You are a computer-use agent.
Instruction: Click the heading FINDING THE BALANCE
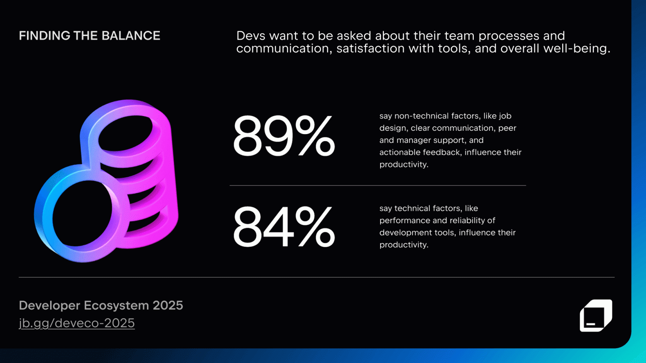point(89,36)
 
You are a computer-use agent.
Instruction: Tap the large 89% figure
point(284,136)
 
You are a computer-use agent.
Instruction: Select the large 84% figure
point(284,227)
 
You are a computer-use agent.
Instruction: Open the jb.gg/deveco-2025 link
point(77,323)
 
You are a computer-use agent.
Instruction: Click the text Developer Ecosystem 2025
point(101,305)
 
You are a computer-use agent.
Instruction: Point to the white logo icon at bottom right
point(595,315)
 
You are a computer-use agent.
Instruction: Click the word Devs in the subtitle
point(251,36)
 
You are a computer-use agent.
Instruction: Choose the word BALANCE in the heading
point(130,36)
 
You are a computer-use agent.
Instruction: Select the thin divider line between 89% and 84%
point(378,185)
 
